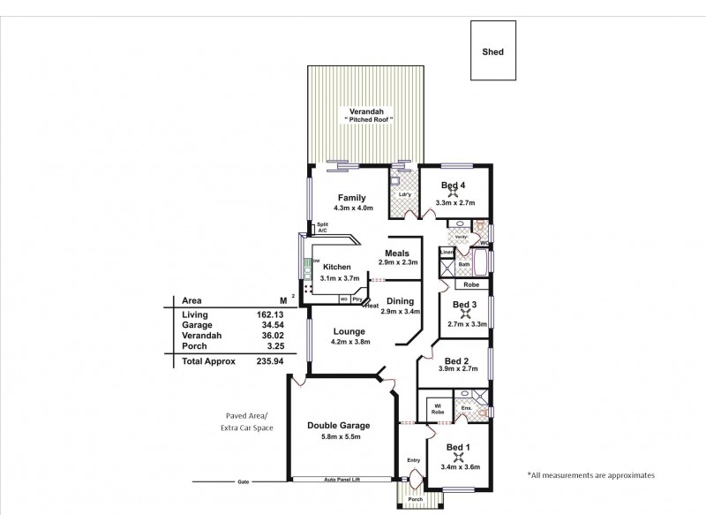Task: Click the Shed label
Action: point(492,52)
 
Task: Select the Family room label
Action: point(351,198)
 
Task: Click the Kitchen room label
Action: point(337,267)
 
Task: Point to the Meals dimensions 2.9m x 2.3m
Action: point(397,263)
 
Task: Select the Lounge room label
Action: point(349,331)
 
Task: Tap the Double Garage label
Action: point(338,426)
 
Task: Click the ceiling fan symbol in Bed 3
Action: point(464,314)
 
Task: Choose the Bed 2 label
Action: point(456,360)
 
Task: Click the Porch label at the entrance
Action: point(415,500)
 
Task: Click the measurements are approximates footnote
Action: point(590,474)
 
